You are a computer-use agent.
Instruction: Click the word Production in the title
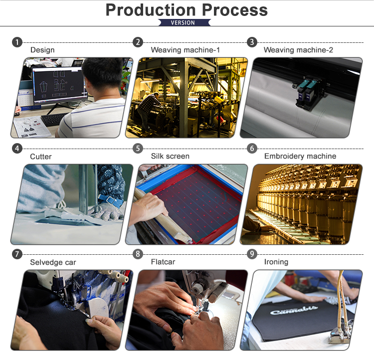(x=151, y=10)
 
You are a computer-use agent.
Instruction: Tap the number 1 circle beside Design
(x=17, y=42)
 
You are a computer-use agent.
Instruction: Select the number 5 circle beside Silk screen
(x=138, y=149)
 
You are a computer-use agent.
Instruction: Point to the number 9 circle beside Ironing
(x=252, y=254)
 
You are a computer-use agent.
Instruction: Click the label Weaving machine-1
(x=186, y=50)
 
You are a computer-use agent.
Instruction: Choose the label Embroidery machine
(x=300, y=156)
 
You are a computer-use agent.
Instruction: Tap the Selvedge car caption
(x=53, y=262)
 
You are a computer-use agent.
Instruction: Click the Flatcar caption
(x=163, y=262)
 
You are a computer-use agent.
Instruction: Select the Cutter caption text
(x=41, y=157)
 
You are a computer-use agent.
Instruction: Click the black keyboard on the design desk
(x=54, y=119)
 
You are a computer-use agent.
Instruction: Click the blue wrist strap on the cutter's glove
(x=110, y=200)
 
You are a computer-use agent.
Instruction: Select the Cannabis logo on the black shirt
(x=294, y=310)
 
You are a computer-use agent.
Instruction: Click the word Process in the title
(x=235, y=10)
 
